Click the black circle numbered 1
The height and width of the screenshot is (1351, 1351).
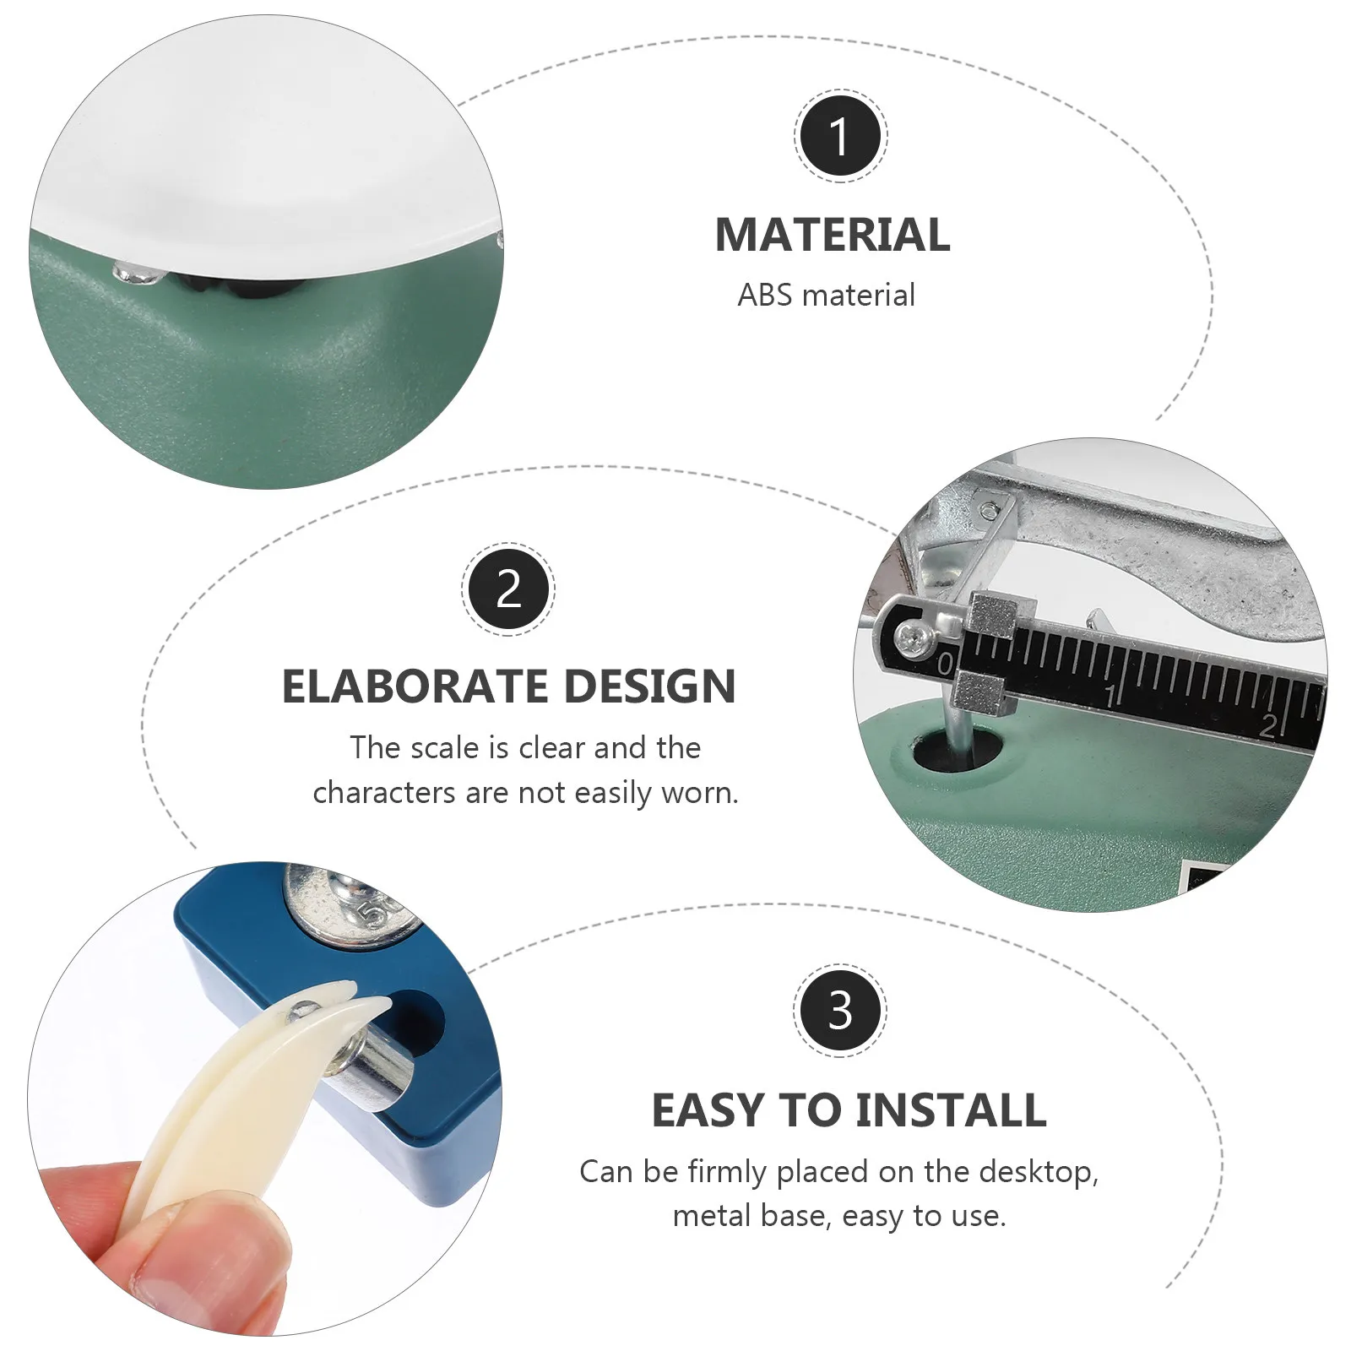pyautogui.click(x=840, y=135)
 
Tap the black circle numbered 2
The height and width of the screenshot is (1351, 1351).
pyautogui.click(x=508, y=589)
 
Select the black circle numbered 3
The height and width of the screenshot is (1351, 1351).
pyautogui.click(x=840, y=1010)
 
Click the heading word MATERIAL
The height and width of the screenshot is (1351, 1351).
pyautogui.click(x=833, y=235)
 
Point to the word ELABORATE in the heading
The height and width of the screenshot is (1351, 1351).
pyautogui.click(x=412, y=686)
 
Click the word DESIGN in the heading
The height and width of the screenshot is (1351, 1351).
pyautogui.click(x=649, y=686)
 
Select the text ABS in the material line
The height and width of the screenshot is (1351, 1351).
pyautogui.click(x=765, y=296)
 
